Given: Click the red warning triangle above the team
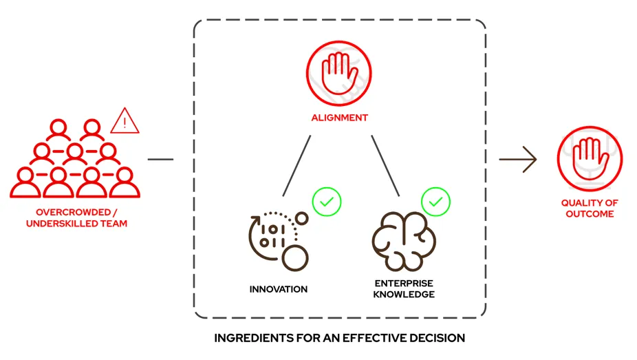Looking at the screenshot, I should (125, 122).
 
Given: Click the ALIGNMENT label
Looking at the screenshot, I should (338, 117).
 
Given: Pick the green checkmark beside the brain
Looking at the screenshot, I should (435, 202).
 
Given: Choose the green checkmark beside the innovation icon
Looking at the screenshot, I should (327, 202).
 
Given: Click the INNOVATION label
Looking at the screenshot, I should (278, 288).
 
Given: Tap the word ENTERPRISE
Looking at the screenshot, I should (404, 283).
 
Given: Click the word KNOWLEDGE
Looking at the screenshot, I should (404, 294).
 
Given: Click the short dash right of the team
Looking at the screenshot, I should (160, 159).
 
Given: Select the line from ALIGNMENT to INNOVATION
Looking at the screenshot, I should (296, 165).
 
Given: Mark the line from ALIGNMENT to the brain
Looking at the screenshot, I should (385, 165).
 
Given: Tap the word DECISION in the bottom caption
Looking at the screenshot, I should (436, 338).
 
